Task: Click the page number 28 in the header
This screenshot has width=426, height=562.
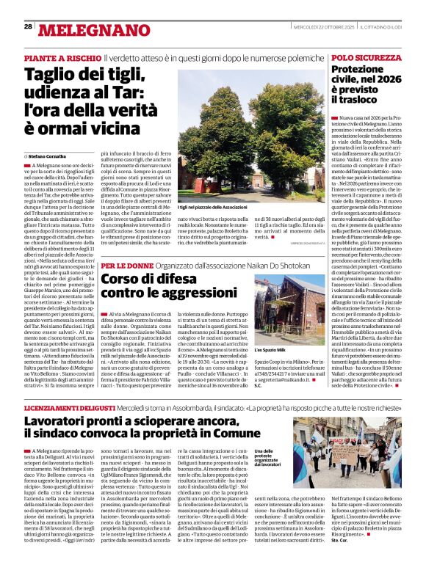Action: click(x=28, y=26)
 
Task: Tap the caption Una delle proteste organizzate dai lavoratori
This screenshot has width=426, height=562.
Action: click(x=267, y=458)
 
